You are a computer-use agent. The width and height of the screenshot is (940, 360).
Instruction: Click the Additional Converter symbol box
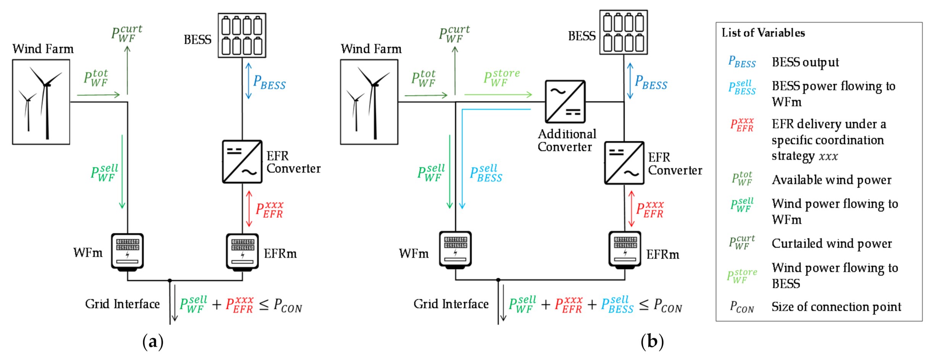click(x=565, y=102)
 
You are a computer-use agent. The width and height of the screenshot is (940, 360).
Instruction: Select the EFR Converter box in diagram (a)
click(x=242, y=162)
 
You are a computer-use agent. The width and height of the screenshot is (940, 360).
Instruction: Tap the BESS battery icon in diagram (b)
click(x=623, y=32)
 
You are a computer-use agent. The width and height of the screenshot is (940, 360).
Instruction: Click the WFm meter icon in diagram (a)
click(x=127, y=252)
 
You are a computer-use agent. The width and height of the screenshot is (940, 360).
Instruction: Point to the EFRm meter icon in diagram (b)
click(x=625, y=249)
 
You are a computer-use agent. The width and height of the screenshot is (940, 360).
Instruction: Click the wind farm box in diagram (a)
click(x=41, y=102)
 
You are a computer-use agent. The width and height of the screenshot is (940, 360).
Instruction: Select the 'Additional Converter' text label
click(x=567, y=140)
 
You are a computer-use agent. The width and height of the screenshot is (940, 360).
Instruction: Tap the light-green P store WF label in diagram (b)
click(x=501, y=78)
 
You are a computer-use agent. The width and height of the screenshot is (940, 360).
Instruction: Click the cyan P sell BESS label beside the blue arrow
click(x=486, y=174)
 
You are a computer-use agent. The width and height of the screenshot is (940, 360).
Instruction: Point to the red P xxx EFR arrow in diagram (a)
click(x=249, y=209)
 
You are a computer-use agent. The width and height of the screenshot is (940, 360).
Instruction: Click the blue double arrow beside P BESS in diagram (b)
click(x=630, y=81)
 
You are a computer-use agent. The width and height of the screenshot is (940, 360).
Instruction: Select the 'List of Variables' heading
click(x=763, y=33)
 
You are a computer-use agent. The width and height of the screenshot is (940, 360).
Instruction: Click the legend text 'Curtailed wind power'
click(x=831, y=244)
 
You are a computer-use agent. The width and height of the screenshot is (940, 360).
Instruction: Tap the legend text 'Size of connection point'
click(x=836, y=307)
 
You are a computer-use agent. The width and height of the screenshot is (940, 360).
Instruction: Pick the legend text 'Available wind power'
click(x=831, y=180)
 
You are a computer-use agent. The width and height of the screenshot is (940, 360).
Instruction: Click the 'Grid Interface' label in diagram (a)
click(x=122, y=304)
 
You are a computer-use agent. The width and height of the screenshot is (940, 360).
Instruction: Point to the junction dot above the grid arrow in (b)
click(x=498, y=280)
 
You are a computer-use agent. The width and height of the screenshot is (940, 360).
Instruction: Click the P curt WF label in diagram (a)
click(x=126, y=34)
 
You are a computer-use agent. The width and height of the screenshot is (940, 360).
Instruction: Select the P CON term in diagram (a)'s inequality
click(x=288, y=306)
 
